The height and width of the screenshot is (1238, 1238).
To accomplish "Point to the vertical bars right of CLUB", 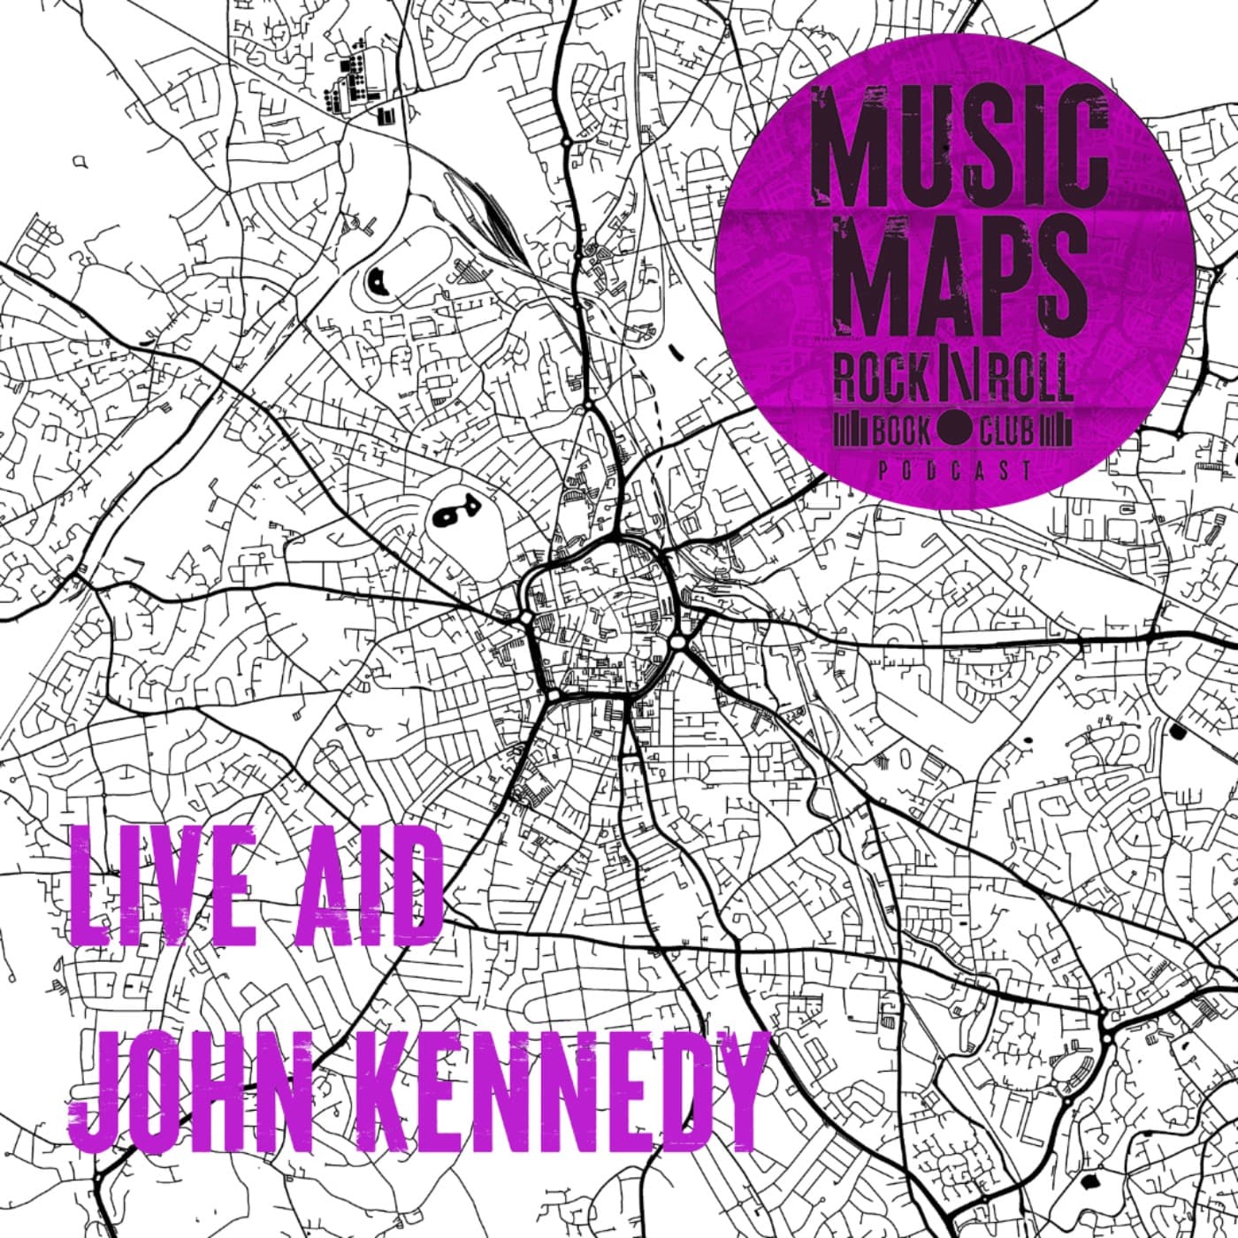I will pyautogui.click(x=1056, y=431).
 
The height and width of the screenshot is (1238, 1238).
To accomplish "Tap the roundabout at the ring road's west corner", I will pyautogui.click(x=525, y=617).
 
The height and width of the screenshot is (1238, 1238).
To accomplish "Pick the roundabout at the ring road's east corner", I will pyautogui.click(x=677, y=641).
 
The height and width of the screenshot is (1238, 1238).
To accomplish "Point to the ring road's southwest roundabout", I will pyautogui.click(x=553, y=696).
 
